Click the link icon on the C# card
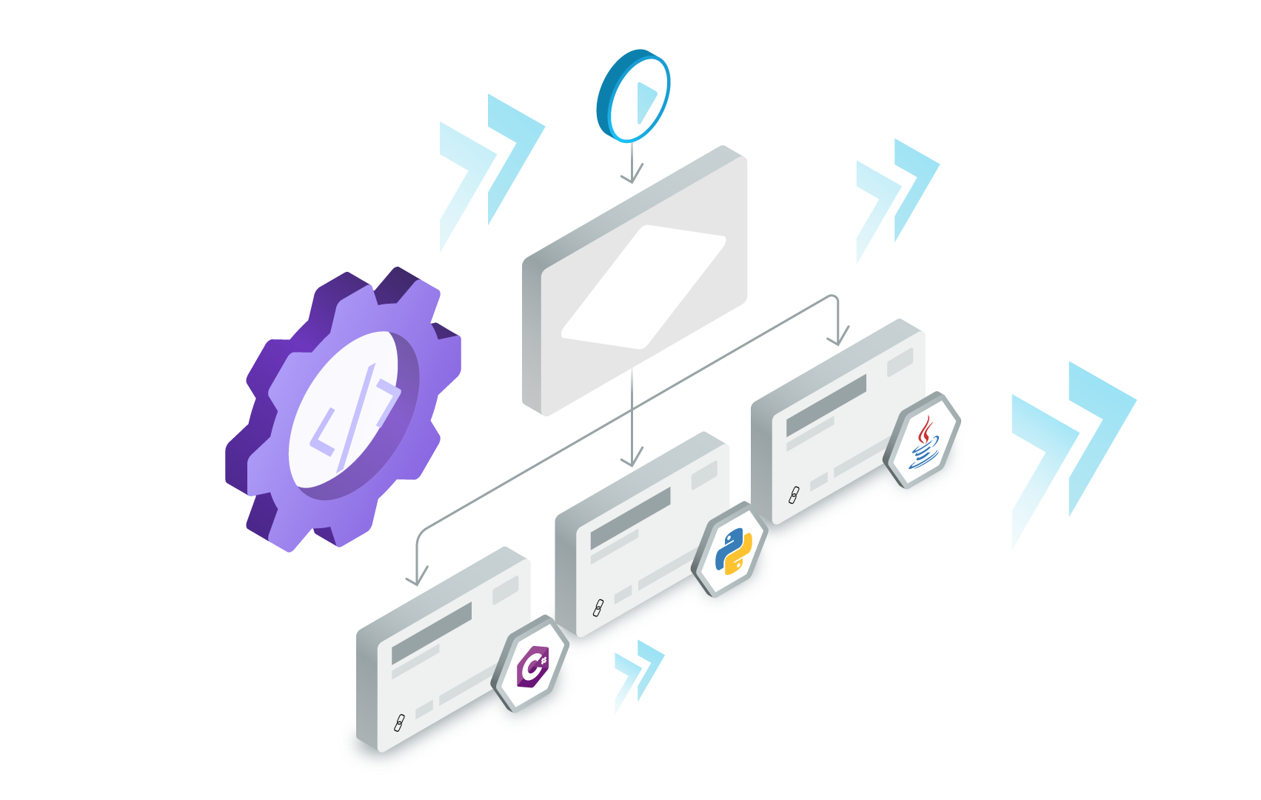coord(398,722)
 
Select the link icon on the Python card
coord(598,608)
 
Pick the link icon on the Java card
coord(794,495)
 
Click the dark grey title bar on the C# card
coord(432,633)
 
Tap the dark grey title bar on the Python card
coord(630,519)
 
